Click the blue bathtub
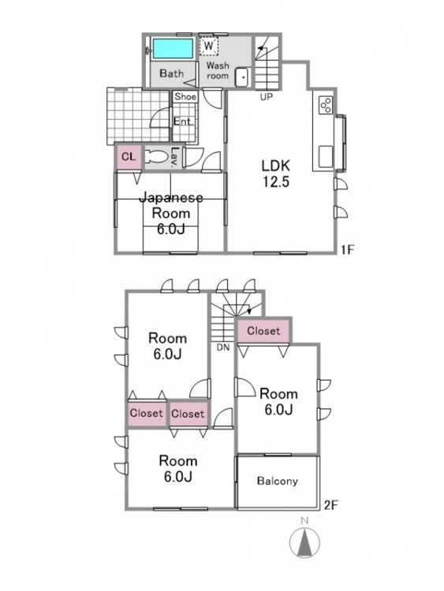(x=173, y=48)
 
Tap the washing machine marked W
(x=209, y=46)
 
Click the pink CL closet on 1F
(x=129, y=157)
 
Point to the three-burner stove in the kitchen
(x=326, y=105)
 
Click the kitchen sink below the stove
(x=326, y=157)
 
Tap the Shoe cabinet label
(x=185, y=96)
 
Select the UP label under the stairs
(x=266, y=97)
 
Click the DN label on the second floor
(x=223, y=348)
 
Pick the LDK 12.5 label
(x=276, y=173)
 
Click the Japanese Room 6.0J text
(x=171, y=214)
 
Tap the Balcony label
(x=278, y=481)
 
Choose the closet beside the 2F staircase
(x=263, y=331)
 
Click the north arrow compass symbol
(x=304, y=543)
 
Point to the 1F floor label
(x=348, y=249)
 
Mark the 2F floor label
(x=330, y=504)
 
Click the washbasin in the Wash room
(x=241, y=77)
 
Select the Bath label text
(x=172, y=73)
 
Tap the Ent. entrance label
(x=183, y=121)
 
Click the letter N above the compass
(x=304, y=521)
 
